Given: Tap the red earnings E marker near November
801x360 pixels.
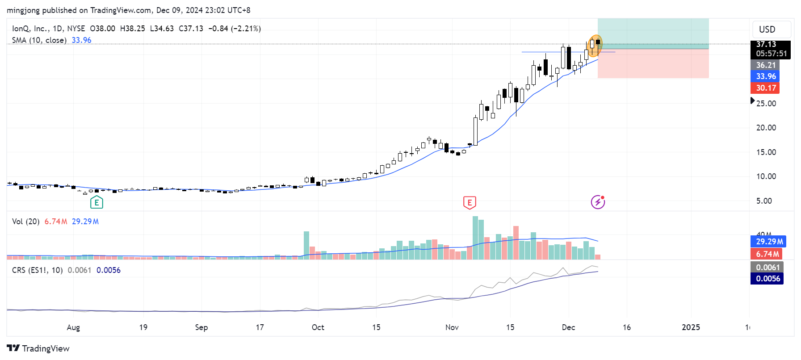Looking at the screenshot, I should [x=470, y=203].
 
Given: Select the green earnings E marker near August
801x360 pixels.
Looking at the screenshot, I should [x=96, y=203].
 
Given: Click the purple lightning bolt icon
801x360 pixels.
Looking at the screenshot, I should [x=598, y=202].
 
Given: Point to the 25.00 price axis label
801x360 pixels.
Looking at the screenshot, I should [x=766, y=103].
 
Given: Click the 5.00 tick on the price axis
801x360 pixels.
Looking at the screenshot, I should [x=764, y=201].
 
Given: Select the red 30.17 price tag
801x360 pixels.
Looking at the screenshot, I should [x=765, y=88].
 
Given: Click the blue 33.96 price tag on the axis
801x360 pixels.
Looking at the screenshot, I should [x=765, y=76].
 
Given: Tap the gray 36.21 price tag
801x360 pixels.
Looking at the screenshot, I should [x=765, y=65].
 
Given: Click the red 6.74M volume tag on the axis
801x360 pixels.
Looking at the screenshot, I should [x=767, y=254].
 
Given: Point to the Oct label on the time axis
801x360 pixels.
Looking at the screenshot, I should [x=318, y=327].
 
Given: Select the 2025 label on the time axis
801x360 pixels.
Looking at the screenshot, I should [x=691, y=327].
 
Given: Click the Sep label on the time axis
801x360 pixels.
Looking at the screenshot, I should [x=201, y=327].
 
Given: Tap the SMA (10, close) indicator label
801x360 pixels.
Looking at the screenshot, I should [x=39, y=40].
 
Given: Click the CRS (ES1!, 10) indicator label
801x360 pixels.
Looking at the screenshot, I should [x=38, y=270].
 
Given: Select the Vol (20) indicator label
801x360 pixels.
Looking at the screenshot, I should [x=26, y=222].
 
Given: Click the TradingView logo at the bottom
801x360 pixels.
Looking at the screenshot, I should [x=38, y=348].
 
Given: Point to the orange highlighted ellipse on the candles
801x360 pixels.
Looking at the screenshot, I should [x=595, y=46].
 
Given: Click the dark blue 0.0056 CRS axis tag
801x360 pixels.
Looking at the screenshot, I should [x=767, y=279].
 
